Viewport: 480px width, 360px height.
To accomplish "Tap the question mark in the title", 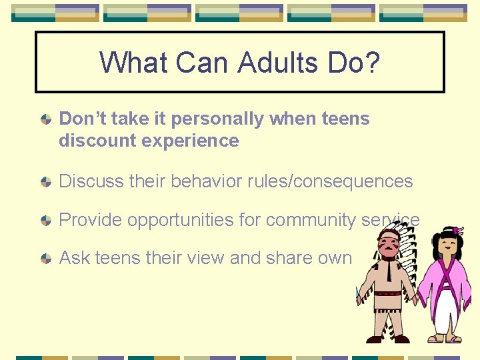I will click(372, 63).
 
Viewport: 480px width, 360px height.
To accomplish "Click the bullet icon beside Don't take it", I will click(45, 120).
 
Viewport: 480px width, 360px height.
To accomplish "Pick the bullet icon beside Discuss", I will click(45, 182).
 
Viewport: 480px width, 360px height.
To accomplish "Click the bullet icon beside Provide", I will click(45, 221).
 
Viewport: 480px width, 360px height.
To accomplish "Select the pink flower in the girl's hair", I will click(457, 231).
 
